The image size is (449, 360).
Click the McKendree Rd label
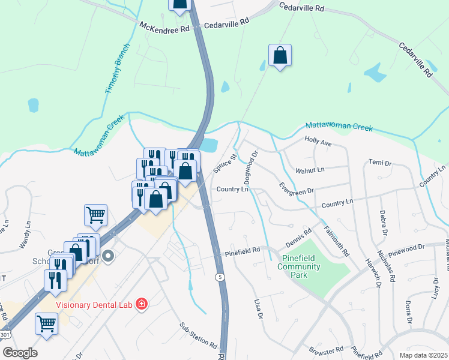pyautogui.click(x=164, y=27)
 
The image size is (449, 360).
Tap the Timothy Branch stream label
pyautogui.click(x=117, y=68)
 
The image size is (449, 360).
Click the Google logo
pyautogui.click(x=20, y=353)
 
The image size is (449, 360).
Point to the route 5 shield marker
pyautogui.click(x=221, y=277)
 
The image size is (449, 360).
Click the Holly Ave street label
pyautogui.click(x=318, y=143)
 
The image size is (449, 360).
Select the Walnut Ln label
pyautogui.click(x=310, y=170)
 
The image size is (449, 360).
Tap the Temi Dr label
pyautogui.click(x=379, y=163)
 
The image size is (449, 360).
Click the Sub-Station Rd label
pyautogui.click(x=199, y=335)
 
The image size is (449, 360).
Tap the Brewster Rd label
pyautogui.click(x=325, y=349)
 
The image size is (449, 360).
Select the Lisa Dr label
pyautogui.click(x=259, y=308)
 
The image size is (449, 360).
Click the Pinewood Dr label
pyautogui.click(x=406, y=247)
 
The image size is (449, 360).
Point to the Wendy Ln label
pyautogui.click(x=25, y=236)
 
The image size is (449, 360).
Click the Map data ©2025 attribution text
pyautogui.click(x=423, y=355)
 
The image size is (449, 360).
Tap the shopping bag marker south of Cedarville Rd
pyautogui.click(x=280, y=56)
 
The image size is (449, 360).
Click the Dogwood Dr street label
pyautogui.click(x=250, y=167)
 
